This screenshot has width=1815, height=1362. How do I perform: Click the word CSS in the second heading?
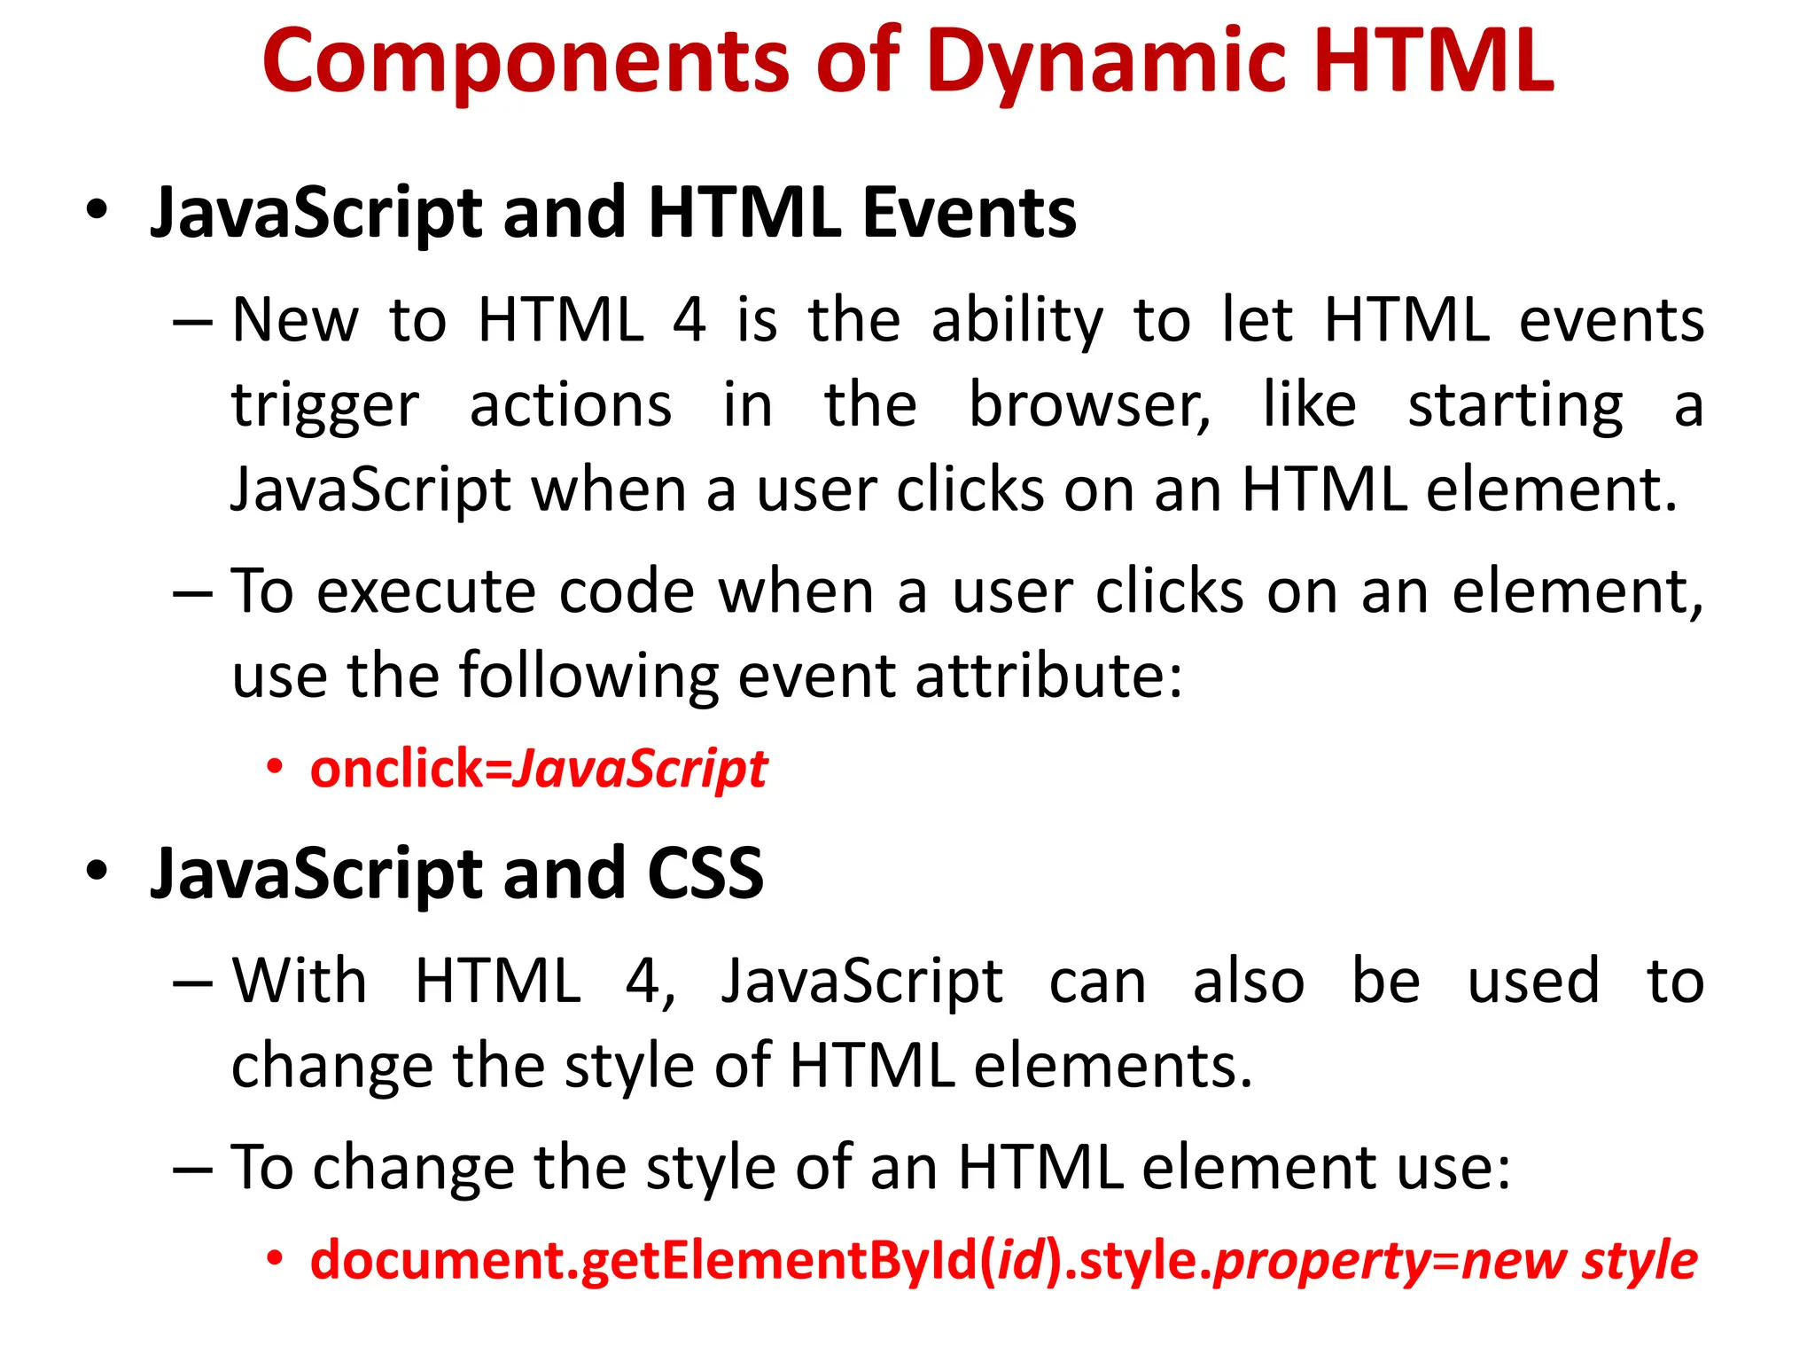tap(705, 873)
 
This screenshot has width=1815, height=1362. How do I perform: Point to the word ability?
tap(1017, 321)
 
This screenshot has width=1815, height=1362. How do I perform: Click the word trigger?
tap(325, 406)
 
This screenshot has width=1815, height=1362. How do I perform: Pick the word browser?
tap(1088, 406)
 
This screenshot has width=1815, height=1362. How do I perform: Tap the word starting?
tap(1515, 406)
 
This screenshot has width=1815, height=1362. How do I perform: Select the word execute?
tap(426, 591)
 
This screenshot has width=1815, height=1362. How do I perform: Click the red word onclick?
tap(396, 768)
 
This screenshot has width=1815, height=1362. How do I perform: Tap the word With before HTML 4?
tap(300, 982)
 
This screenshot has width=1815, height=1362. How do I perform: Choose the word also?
tap(1249, 982)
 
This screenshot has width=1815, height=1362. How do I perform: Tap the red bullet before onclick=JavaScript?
tap(276, 766)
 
